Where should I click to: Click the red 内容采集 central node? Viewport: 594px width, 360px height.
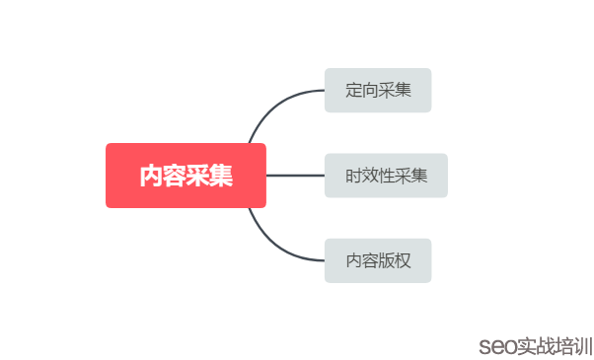click(x=186, y=176)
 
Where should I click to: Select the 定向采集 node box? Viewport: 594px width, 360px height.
click(x=378, y=91)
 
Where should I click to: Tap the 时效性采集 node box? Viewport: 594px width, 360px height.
click(x=386, y=176)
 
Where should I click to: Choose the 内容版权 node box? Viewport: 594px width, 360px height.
click(x=378, y=260)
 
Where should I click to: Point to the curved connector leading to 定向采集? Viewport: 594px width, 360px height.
click(x=271, y=105)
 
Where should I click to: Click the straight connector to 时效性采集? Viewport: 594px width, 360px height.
click(x=295, y=176)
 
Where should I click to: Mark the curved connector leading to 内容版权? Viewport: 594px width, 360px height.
click(x=271, y=247)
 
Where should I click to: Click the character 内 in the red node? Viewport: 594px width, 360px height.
click(x=151, y=176)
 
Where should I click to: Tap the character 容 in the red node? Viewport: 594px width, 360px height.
click(x=175, y=176)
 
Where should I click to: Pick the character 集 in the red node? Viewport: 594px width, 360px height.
click(x=222, y=176)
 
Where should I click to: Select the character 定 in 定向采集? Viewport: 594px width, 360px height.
click(x=353, y=91)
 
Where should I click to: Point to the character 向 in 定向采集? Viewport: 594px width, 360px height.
click(x=370, y=91)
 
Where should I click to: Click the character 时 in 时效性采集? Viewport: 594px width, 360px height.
click(x=353, y=176)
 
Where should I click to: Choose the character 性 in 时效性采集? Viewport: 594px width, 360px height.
click(x=386, y=176)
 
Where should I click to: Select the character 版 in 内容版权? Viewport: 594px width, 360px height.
click(x=386, y=260)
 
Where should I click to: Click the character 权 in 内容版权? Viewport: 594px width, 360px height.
click(x=403, y=260)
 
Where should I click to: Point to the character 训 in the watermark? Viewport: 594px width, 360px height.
click(x=581, y=346)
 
